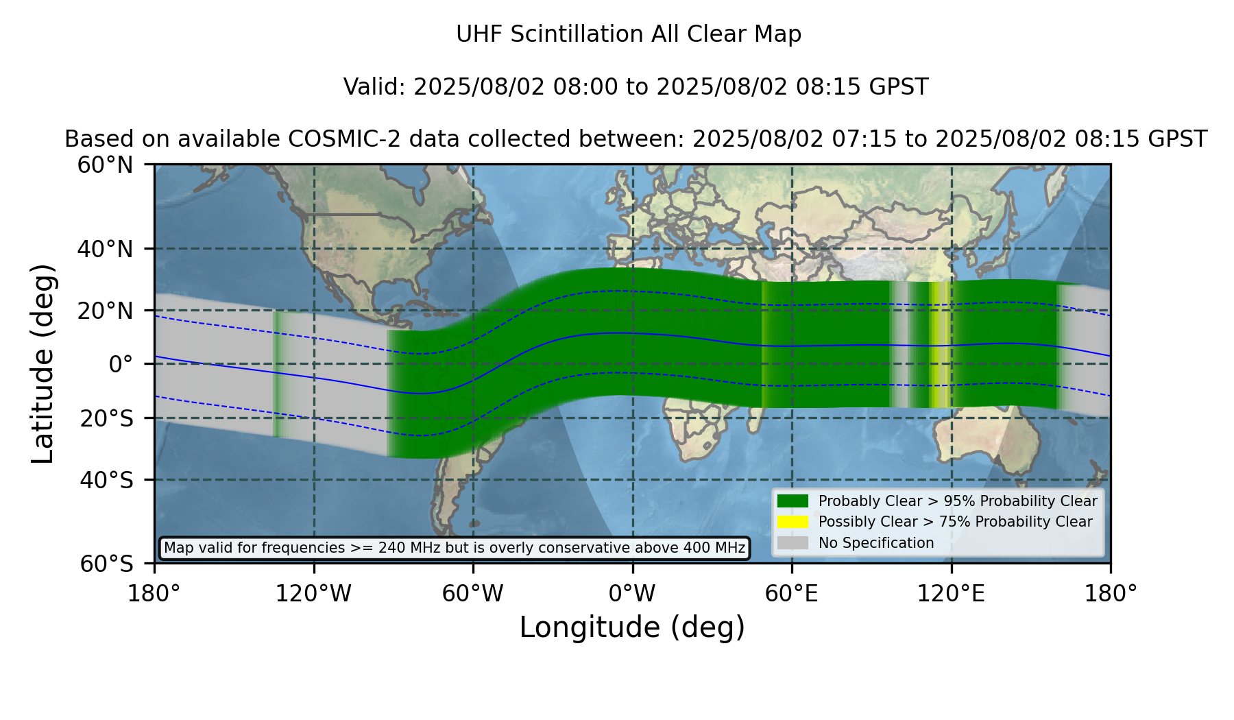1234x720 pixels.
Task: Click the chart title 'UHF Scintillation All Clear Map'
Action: (x=629, y=34)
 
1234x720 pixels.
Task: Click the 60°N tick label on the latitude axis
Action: (x=105, y=165)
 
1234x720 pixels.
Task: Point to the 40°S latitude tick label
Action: (x=106, y=480)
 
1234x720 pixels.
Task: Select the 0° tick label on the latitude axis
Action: (x=121, y=364)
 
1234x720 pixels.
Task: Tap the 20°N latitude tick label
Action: (x=105, y=311)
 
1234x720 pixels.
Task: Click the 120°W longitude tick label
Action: (x=313, y=594)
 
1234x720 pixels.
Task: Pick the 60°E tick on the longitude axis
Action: (x=792, y=594)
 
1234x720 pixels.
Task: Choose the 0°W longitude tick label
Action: (x=632, y=594)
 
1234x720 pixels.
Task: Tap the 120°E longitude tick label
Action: (x=951, y=594)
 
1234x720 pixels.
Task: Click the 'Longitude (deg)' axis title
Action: (x=632, y=628)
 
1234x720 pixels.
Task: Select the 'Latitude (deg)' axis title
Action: (x=43, y=363)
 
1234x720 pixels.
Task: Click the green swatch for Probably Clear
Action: (x=793, y=501)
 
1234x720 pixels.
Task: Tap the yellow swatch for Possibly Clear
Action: (x=793, y=522)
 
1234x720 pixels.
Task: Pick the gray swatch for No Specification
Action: (x=793, y=543)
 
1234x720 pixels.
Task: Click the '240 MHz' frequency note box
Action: (x=455, y=548)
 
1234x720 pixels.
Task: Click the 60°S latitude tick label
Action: (x=106, y=564)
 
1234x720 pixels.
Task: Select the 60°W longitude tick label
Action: (x=472, y=594)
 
